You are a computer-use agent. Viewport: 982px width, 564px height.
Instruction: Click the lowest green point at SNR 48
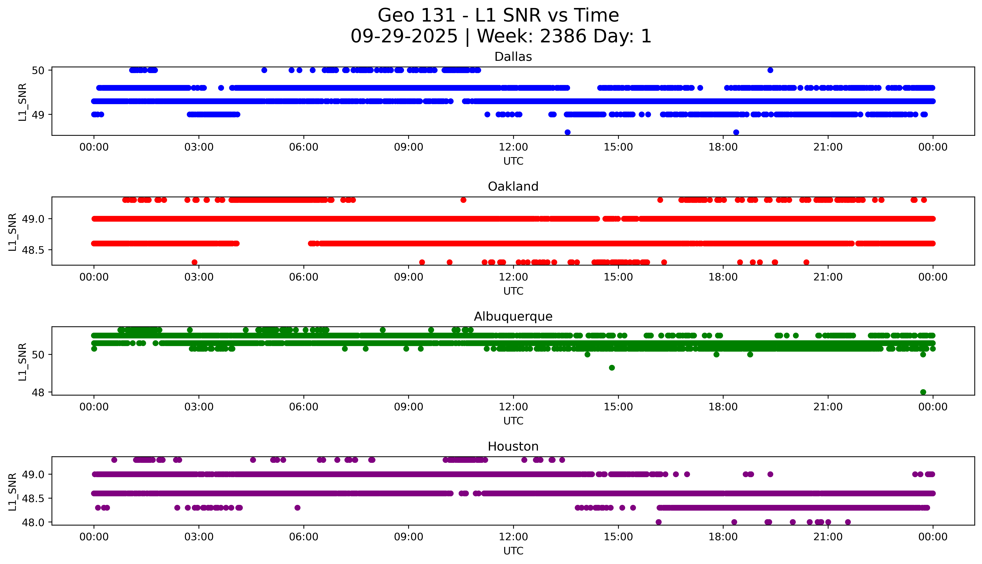click(923, 392)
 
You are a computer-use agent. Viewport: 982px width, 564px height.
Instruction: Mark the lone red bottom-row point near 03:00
click(195, 262)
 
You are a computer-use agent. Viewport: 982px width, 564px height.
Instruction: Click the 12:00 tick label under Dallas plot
click(513, 147)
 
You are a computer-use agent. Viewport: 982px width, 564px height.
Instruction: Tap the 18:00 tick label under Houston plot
click(723, 537)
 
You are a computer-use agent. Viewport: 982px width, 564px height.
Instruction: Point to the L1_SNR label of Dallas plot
click(23, 102)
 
